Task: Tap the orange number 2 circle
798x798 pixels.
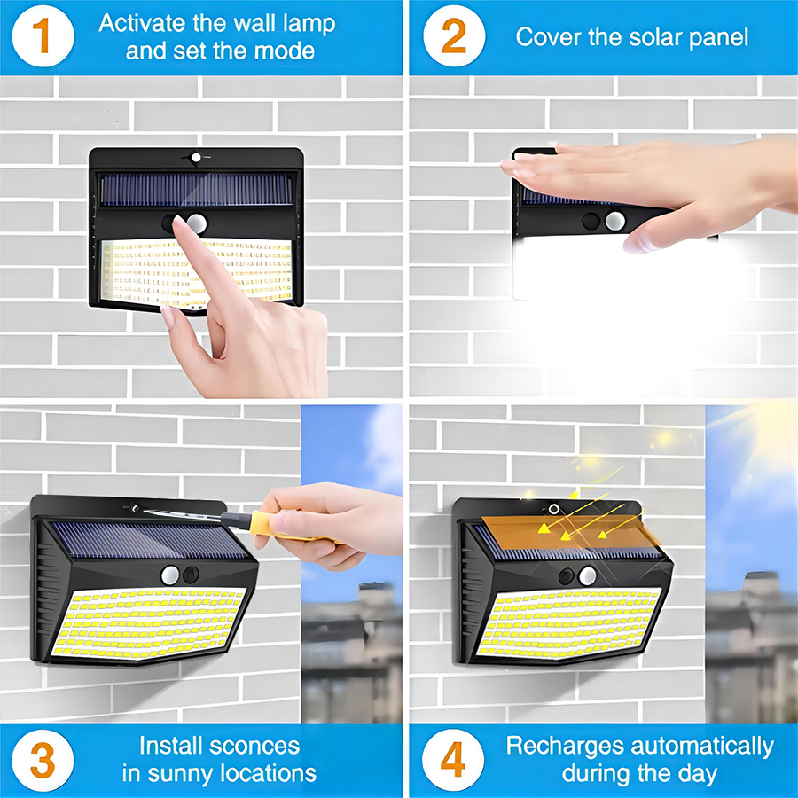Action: [453, 36]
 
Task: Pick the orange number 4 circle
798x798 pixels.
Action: [453, 760]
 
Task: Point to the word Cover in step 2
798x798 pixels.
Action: [547, 36]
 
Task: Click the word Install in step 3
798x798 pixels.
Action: [174, 746]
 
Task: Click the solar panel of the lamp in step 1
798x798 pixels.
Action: [195, 189]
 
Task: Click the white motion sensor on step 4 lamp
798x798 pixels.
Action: [587, 576]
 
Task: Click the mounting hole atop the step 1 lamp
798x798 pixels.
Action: [196, 158]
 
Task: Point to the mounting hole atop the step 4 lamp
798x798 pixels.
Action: [554, 509]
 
